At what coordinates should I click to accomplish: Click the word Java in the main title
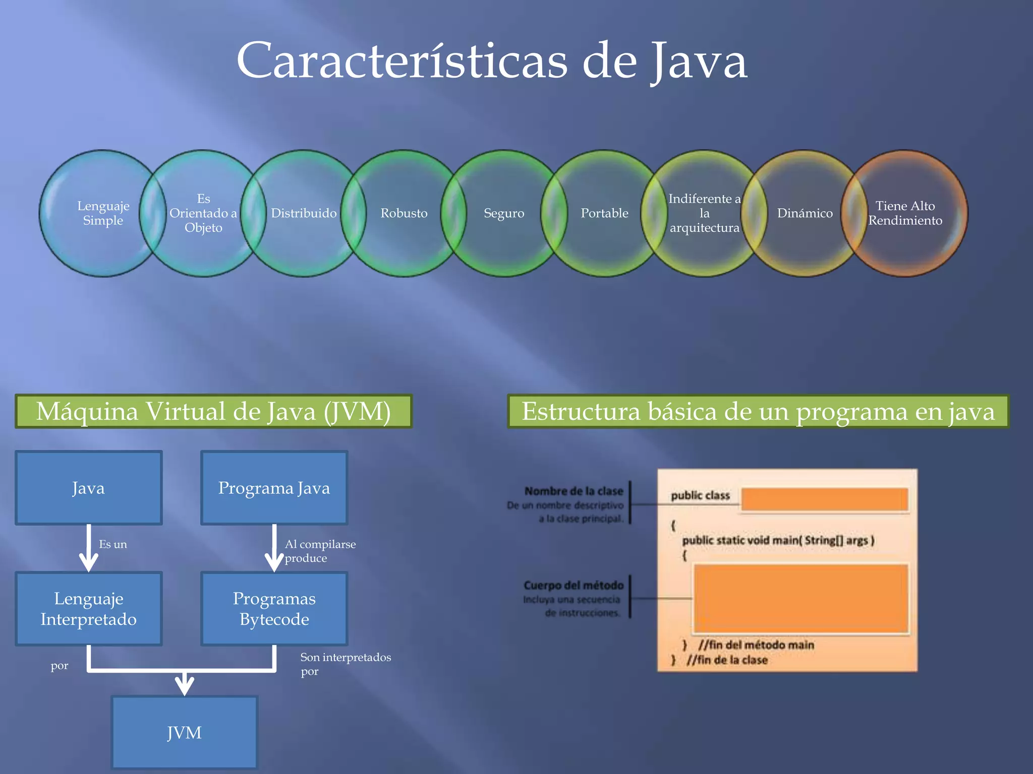699,61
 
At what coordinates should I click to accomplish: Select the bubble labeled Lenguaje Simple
103,213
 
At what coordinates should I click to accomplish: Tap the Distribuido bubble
304,213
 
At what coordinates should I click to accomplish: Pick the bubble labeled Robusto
404,213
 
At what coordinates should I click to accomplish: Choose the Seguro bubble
504,213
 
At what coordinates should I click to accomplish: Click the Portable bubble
604,213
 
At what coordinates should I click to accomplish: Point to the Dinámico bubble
805,213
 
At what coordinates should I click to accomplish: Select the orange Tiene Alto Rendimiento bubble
905,213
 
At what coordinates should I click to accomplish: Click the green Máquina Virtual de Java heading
213,411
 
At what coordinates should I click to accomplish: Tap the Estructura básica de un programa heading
758,411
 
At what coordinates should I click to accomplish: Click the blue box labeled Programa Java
274,488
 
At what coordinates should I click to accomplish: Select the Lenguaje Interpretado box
89,608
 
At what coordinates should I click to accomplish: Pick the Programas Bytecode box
274,608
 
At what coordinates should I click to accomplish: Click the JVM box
184,732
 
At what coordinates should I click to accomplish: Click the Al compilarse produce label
320,551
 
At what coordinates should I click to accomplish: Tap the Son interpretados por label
345,664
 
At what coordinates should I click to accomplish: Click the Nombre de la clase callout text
573,491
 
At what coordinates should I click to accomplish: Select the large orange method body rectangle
800,598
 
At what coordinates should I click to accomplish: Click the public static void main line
778,540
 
